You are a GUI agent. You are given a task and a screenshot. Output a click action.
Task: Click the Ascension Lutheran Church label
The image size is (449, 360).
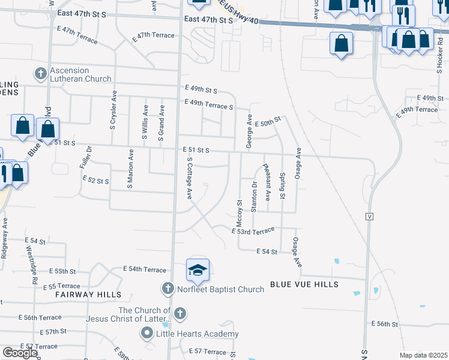80,74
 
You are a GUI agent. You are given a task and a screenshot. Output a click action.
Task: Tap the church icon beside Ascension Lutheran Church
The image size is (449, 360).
41,74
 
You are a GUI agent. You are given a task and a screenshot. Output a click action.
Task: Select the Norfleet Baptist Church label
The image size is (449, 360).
220,289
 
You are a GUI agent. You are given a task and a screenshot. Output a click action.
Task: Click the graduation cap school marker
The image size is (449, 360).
197,271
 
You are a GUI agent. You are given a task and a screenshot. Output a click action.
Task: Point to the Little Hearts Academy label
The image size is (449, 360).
197,334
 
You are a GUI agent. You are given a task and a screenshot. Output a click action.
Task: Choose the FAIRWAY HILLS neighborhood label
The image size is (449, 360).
88,295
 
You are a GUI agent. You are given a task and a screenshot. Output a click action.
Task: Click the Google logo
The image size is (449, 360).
20,353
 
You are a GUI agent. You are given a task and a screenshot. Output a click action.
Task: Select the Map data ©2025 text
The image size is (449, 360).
423,355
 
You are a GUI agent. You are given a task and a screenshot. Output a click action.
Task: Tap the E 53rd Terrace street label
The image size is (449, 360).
253,230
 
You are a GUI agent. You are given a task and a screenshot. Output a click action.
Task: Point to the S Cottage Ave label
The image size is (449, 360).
189,178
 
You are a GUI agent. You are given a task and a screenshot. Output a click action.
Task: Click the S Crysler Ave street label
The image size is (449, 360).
113,110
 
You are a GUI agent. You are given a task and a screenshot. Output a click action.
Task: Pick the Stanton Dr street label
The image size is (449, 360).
255,197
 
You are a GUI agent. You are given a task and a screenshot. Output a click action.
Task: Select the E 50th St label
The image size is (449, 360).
268,122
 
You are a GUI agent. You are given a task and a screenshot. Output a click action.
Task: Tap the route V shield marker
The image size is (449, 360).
369,215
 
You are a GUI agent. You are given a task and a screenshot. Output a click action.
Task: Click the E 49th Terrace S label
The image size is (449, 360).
209,106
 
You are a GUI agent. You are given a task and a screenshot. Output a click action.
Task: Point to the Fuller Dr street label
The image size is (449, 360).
89,157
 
